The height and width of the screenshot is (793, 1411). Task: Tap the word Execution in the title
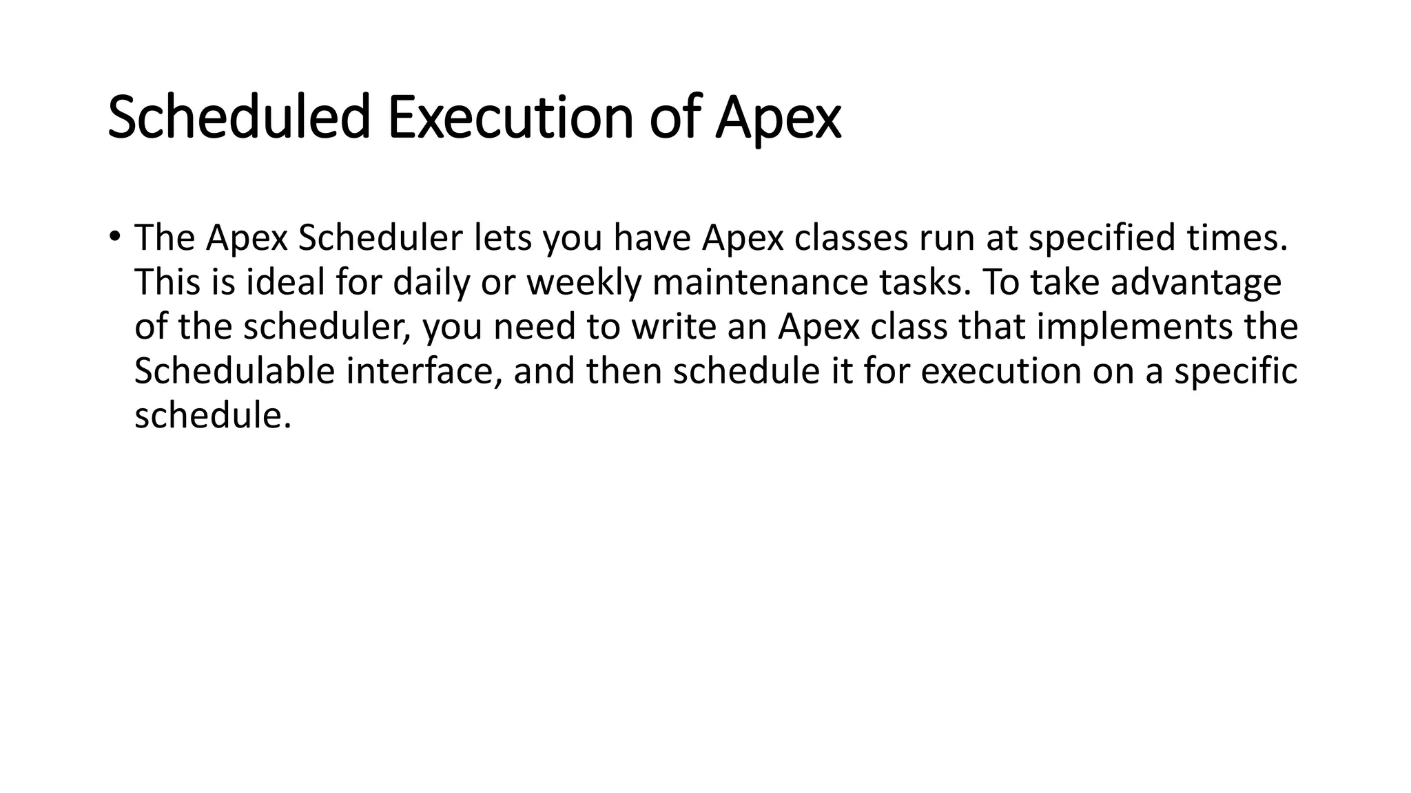tap(510, 117)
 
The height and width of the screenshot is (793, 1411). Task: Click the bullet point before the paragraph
tap(114, 236)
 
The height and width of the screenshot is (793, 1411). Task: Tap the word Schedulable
tap(234, 371)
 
